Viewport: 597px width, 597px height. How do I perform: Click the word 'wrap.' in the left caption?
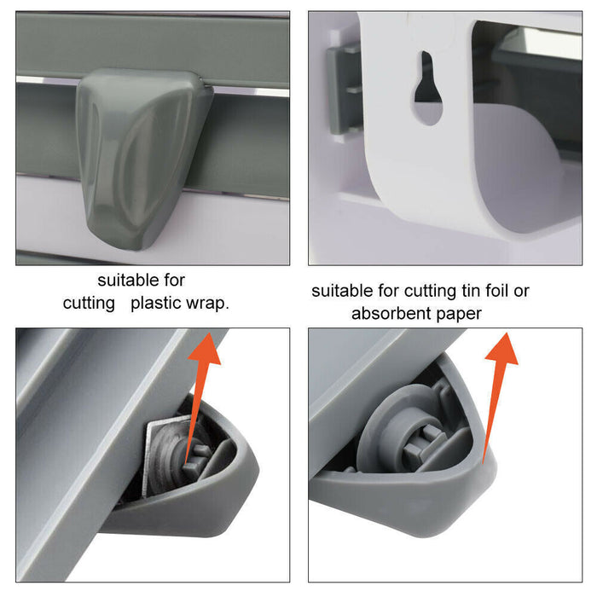tap(209, 303)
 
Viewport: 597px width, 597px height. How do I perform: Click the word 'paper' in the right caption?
tap(459, 314)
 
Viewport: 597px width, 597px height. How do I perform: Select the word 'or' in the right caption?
tap(522, 291)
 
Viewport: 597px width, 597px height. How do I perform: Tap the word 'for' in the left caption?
tap(171, 280)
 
